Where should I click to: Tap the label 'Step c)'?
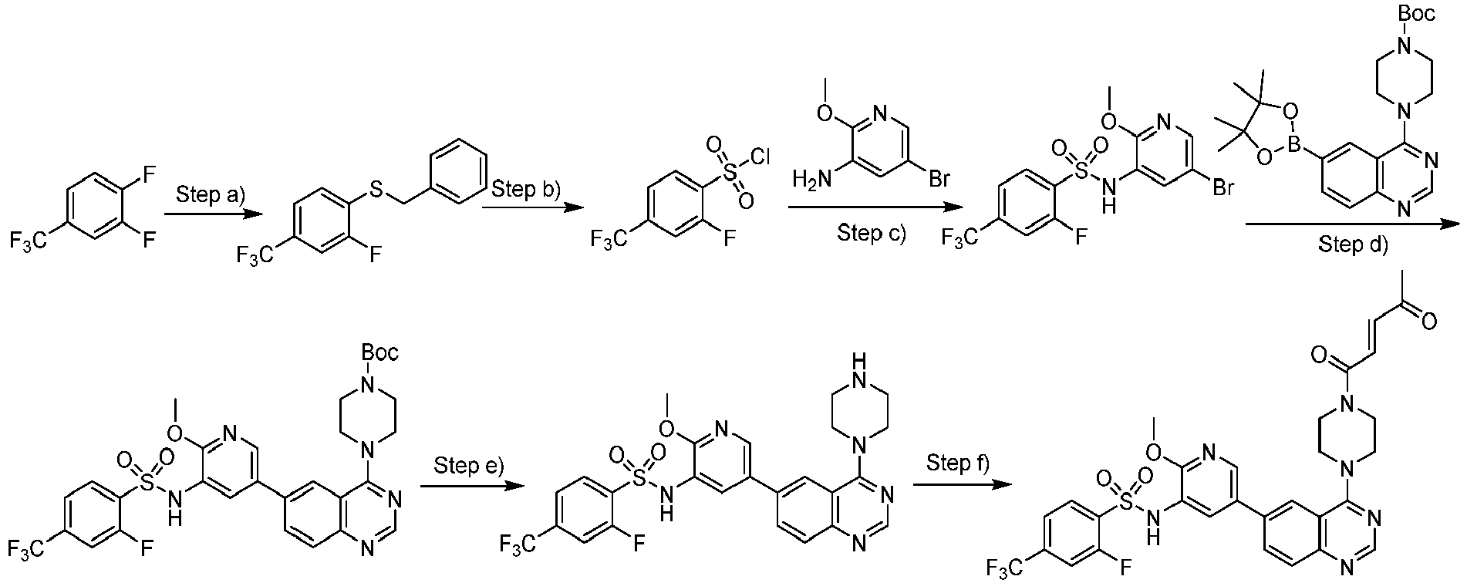click(x=872, y=233)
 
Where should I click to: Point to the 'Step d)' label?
click(x=1351, y=244)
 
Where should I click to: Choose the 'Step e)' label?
click(x=468, y=465)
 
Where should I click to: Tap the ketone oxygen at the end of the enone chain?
click(x=1428, y=321)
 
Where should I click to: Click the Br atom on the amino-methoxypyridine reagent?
click(x=937, y=180)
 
